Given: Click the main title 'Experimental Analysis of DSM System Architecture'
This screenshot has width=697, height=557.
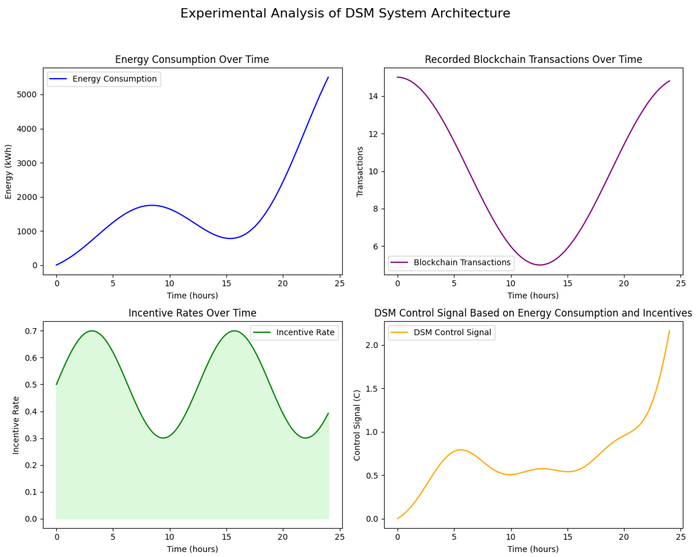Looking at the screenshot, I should click(345, 13).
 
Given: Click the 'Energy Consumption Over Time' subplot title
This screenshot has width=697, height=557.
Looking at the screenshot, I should click(192, 60).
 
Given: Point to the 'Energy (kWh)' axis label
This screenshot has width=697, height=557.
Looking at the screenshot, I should click(8, 172).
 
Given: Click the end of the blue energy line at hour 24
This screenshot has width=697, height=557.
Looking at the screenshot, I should click(328, 77).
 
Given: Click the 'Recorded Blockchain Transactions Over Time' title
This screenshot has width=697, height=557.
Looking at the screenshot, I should click(533, 60).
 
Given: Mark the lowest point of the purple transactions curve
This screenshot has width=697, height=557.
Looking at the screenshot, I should click(539, 265).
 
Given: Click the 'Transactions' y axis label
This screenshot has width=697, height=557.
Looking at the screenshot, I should click(360, 172).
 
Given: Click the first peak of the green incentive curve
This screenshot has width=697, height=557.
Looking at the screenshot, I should click(92, 331).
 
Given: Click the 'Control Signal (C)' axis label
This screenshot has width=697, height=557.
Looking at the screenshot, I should click(357, 425).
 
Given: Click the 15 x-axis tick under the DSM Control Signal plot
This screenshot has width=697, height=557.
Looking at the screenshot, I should click(567, 537).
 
